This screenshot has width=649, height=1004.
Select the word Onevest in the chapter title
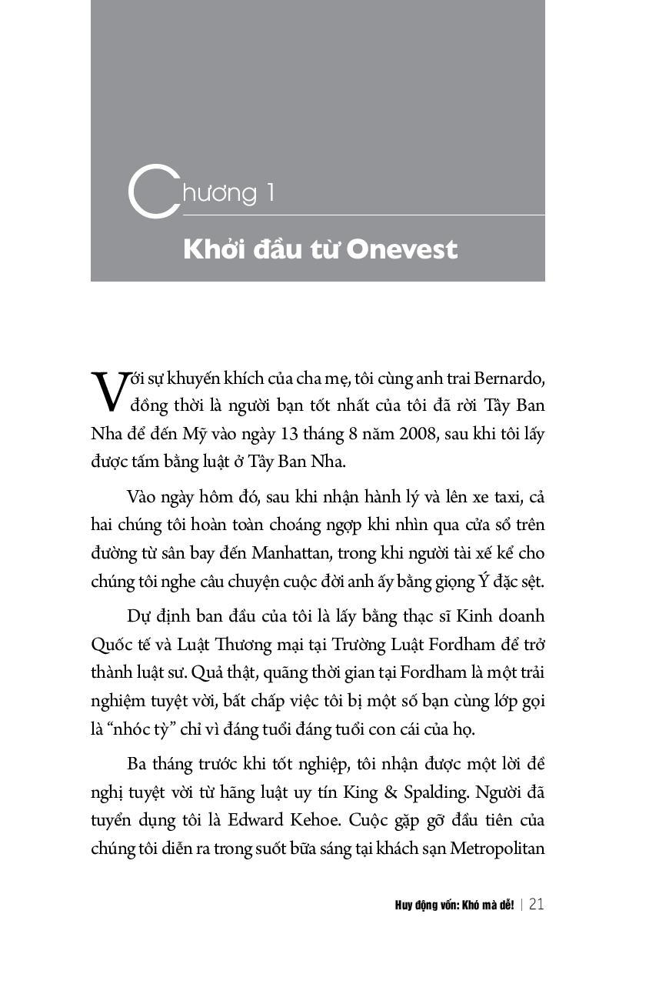(x=401, y=249)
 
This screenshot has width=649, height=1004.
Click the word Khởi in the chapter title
(x=212, y=249)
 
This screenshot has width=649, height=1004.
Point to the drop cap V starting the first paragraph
(x=108, y=390)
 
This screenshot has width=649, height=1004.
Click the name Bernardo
(x=510, y=379)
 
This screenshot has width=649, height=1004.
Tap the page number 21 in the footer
(x=536, y=905)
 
